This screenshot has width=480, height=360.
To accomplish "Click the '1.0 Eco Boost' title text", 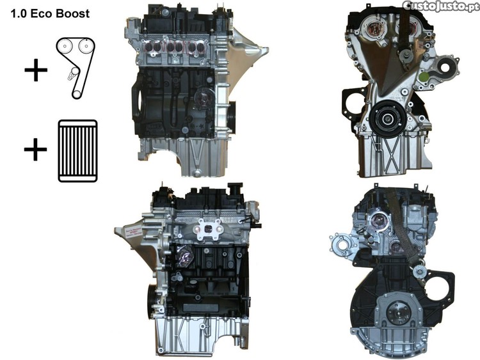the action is [x=50, y=14].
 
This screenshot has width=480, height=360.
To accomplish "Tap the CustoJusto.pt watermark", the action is [x=441, y=6].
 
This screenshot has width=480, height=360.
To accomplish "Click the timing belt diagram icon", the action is [x=76, y=68].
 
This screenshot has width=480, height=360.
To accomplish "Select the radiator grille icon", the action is [x=77, y=151].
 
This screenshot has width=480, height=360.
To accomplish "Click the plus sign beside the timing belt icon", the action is [x=36, y=70].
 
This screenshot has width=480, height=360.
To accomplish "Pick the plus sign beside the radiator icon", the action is [x=35, y=150].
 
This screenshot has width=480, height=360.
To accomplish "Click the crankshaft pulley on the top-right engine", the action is [x=387, y=118].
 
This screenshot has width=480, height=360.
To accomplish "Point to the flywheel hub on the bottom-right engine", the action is [x=397, y=313].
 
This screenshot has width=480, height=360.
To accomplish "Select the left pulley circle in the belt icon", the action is [x=65, y=47].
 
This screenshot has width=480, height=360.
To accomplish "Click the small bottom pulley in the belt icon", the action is [x=76, y=93].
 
